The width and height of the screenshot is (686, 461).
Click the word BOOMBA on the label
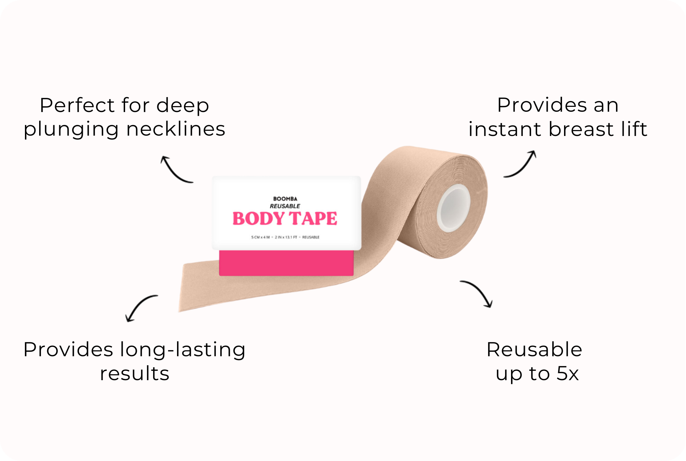(285, 199)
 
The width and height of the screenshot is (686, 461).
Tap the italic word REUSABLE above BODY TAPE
(285, 206)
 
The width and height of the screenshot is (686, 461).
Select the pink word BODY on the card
(258, 219)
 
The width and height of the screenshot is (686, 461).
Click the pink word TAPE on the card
(313, 219)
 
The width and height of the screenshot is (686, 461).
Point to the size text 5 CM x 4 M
(260, 237)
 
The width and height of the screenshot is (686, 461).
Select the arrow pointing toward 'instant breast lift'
(520, 164)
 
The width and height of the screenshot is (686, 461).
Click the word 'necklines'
(176, 129)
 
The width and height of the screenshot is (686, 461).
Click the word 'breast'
(581, 129)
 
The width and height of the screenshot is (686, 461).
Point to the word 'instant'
(505, 129)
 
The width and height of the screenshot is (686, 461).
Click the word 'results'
(134, 374)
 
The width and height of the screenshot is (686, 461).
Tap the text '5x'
(568, 374)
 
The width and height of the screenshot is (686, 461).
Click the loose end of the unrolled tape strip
(187, 288)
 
